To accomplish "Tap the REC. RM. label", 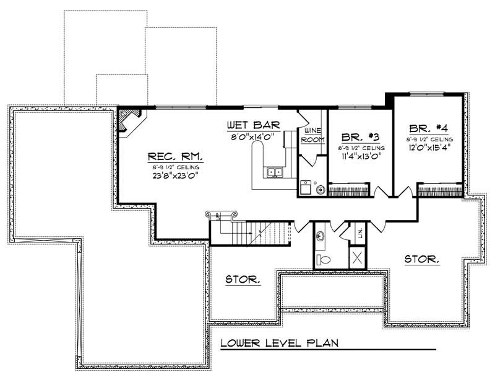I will point(175,157).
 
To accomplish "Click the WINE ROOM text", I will point(312,135).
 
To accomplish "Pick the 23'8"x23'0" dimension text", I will point(175,174).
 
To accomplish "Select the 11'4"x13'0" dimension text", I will point(361,157).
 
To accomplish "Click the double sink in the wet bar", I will point(274,172).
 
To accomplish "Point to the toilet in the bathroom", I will point(321,258).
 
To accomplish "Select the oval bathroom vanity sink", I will point(321,236).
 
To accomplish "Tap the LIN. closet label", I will point(360,233).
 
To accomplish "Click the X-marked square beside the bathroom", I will point(358,257).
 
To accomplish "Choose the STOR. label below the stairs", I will point(242,280).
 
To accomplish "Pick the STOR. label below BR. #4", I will point(422,259).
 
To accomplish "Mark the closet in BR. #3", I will point(348,190).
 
